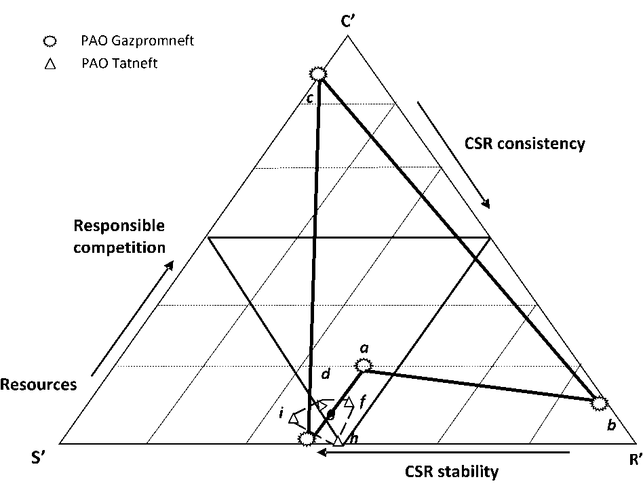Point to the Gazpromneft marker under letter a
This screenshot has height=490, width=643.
[x=364, y=365]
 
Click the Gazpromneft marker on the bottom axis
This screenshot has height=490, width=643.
[x=307, y=439]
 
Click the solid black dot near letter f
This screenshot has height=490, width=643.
[x=330, y=414]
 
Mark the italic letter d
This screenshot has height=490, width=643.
[x=326, y=373]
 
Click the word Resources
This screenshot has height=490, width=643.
[x=38, y=385]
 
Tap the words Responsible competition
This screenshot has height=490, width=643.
[x=119, y=236]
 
